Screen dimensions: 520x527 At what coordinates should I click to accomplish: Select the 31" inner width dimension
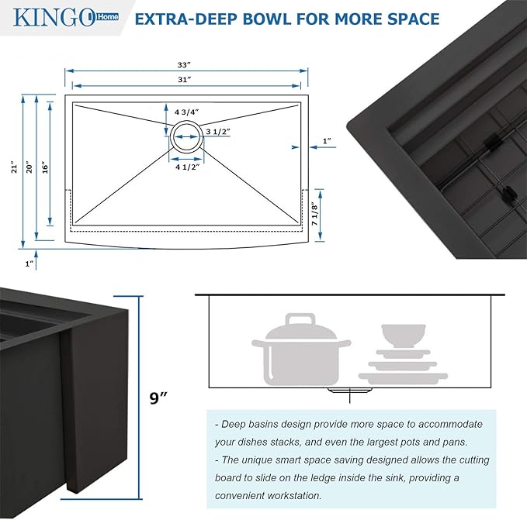click(x=184, y=80)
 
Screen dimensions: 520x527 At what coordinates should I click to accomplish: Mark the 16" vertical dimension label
click(x=47, y=167)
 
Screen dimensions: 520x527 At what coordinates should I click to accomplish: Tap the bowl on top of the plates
click(x=402, y=335)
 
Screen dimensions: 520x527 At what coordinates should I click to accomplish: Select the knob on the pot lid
click(x=297, y=318)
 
